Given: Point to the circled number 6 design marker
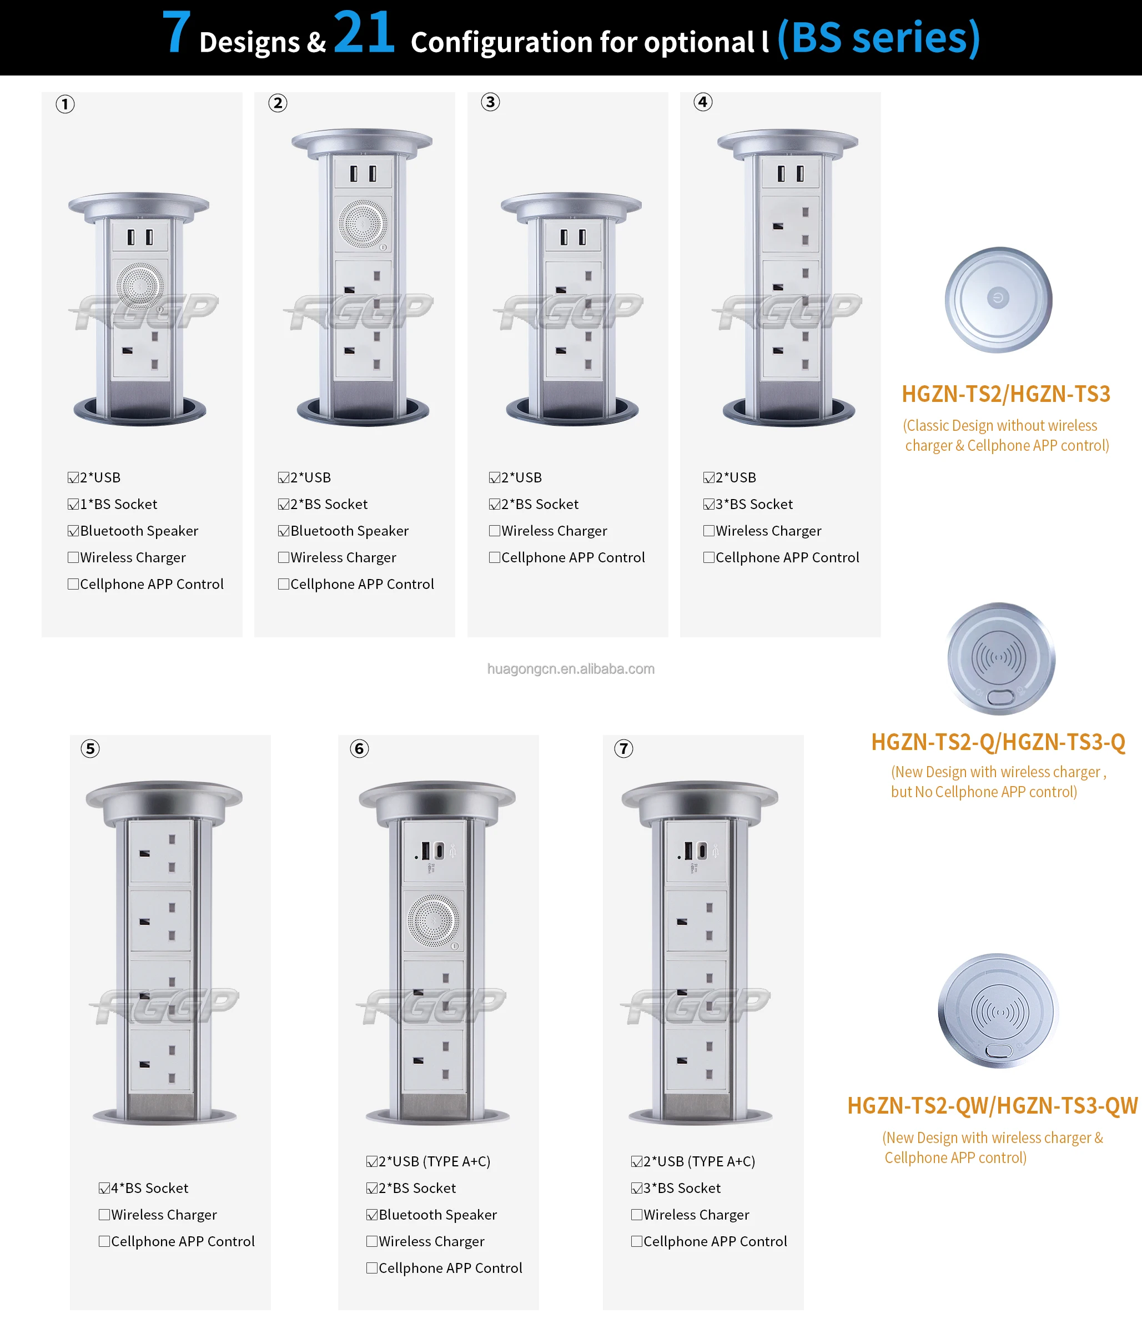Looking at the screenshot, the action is tap(359, 749).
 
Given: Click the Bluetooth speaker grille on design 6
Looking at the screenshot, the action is tap(434, 921).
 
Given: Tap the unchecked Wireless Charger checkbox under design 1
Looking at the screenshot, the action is tap(73, 557).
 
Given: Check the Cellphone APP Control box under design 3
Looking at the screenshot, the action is tap(495, 557).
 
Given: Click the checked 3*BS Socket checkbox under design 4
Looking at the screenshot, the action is tap(708, 504).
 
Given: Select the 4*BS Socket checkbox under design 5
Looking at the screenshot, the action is tap(104, 1188).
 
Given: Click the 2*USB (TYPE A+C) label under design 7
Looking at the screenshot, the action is tap(700, 1161).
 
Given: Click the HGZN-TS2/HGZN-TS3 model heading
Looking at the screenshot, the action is tap(1005, 394).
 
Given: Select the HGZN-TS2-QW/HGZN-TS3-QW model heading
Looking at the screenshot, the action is tap(992, 1106).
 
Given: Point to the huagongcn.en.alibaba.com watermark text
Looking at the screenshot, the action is tap(571, 669).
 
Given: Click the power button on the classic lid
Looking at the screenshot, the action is tap(998, 298).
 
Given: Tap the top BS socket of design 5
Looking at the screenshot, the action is tap(160, 852).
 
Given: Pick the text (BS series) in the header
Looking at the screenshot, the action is tap(878, 38).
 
